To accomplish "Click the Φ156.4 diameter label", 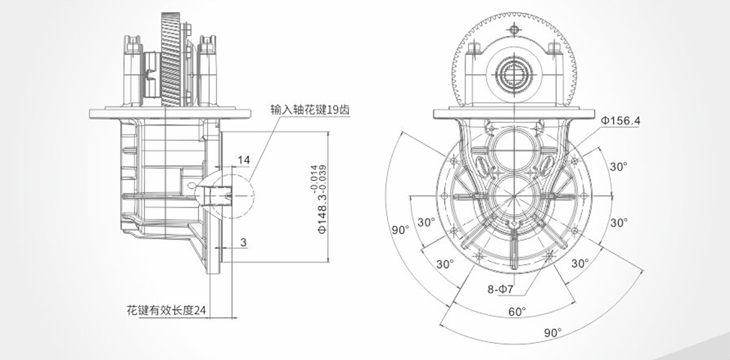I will (x=621, y=119).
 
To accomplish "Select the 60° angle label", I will (x=518, y=311).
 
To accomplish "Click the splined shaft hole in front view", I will (x=513, y=75).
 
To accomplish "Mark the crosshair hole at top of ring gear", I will (x=514, y=29).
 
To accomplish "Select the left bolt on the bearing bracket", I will (x=473, y=49).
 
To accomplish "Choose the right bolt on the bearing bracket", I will (x=554, y=49).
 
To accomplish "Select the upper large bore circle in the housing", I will (x=513, y=147).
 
